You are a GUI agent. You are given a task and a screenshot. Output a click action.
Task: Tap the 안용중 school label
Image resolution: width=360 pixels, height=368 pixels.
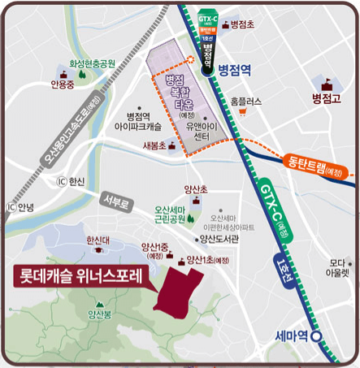coord(61,84)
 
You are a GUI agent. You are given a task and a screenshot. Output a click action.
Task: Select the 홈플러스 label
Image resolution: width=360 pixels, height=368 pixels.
coord(245,102)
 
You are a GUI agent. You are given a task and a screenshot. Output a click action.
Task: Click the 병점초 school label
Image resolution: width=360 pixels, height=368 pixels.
coord(242,25)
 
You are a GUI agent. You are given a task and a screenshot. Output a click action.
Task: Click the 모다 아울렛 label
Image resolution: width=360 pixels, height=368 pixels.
coord(338,268)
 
